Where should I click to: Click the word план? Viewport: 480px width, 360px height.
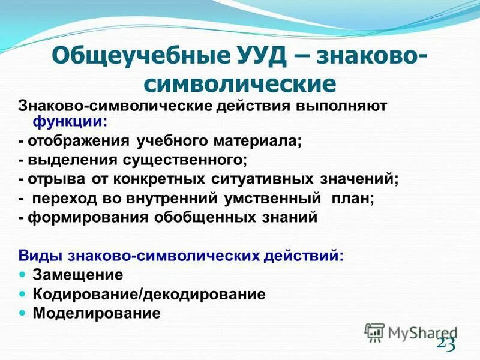356,199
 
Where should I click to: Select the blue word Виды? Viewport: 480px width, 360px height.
35,256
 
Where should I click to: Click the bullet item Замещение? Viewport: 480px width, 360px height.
78,275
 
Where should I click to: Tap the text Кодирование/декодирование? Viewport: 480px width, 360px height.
149,294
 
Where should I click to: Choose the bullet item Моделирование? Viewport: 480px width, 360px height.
97,313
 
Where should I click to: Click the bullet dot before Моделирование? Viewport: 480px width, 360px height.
23,313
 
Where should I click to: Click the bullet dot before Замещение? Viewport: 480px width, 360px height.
23,274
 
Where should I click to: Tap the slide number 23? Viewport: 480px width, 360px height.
446,344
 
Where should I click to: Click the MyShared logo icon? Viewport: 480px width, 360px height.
374,332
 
